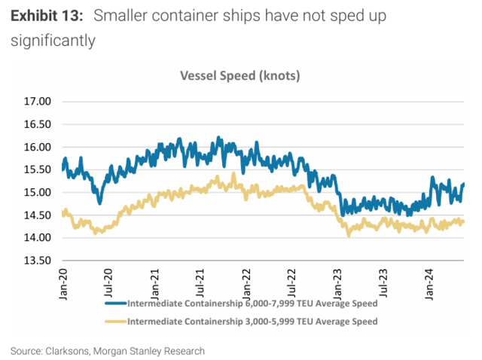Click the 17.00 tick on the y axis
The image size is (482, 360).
click(36, 102)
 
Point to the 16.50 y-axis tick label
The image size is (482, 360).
click(36, 124)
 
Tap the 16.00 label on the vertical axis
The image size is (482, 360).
click(36, 147)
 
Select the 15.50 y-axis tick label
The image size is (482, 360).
click(36, 169)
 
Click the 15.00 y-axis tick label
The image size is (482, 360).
click(36, 193)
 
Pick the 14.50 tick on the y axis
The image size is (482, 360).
click(36, 215)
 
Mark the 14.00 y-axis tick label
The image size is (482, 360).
click(36, 238)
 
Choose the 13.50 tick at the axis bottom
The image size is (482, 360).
click(36, 261)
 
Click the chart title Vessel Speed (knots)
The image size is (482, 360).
click(240, 76)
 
